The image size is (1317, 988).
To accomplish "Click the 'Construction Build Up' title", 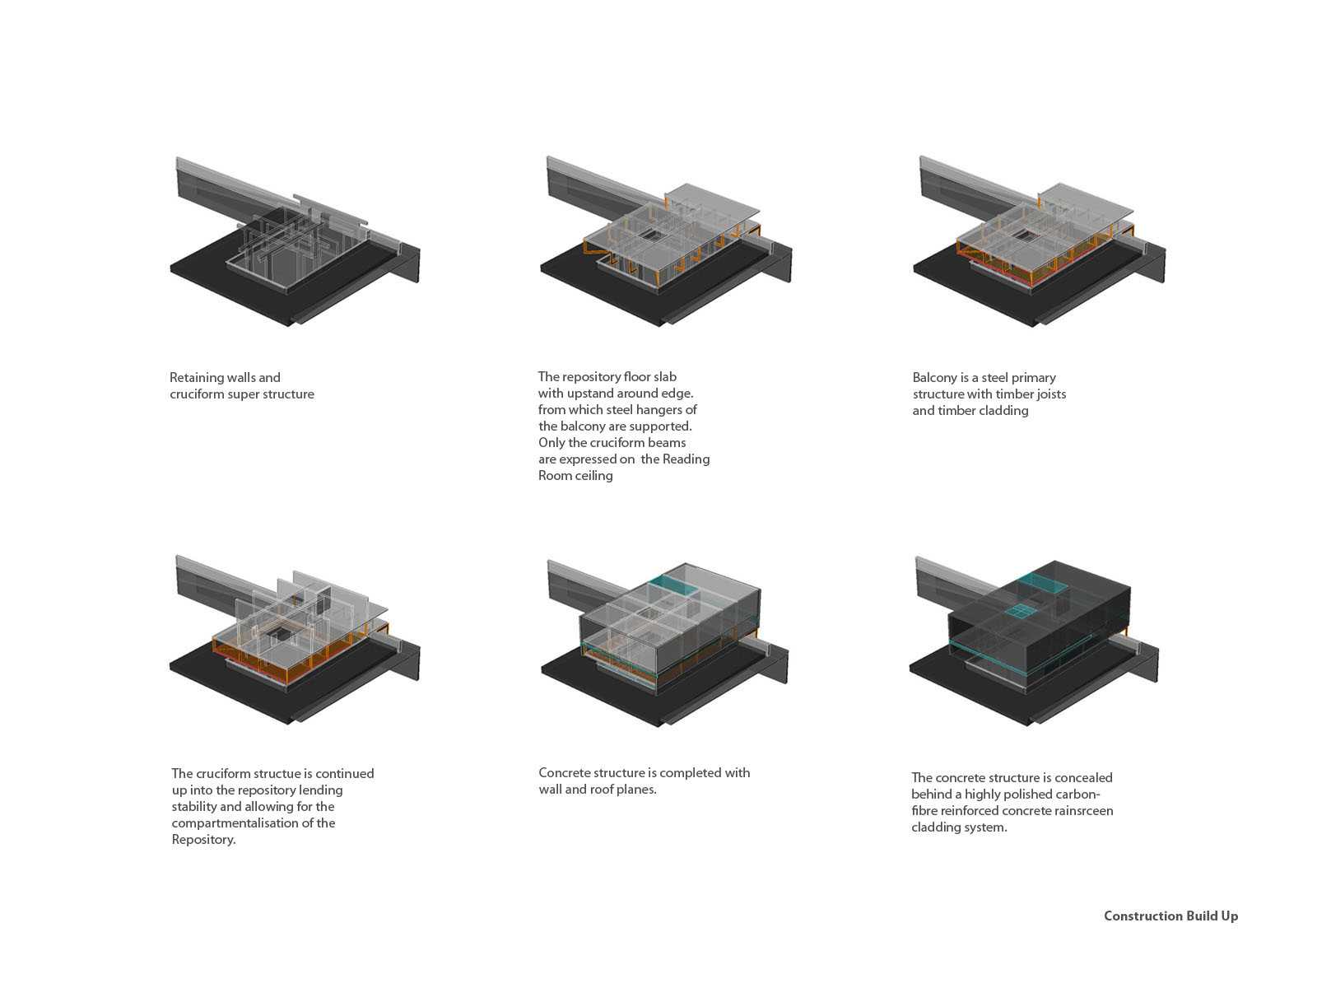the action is click(1170, 916).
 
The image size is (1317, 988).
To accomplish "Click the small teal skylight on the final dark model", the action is click(1017, 611).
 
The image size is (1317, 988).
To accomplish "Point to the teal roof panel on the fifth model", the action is click(674, 585).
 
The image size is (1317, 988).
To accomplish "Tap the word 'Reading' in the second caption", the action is click(686, 459).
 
